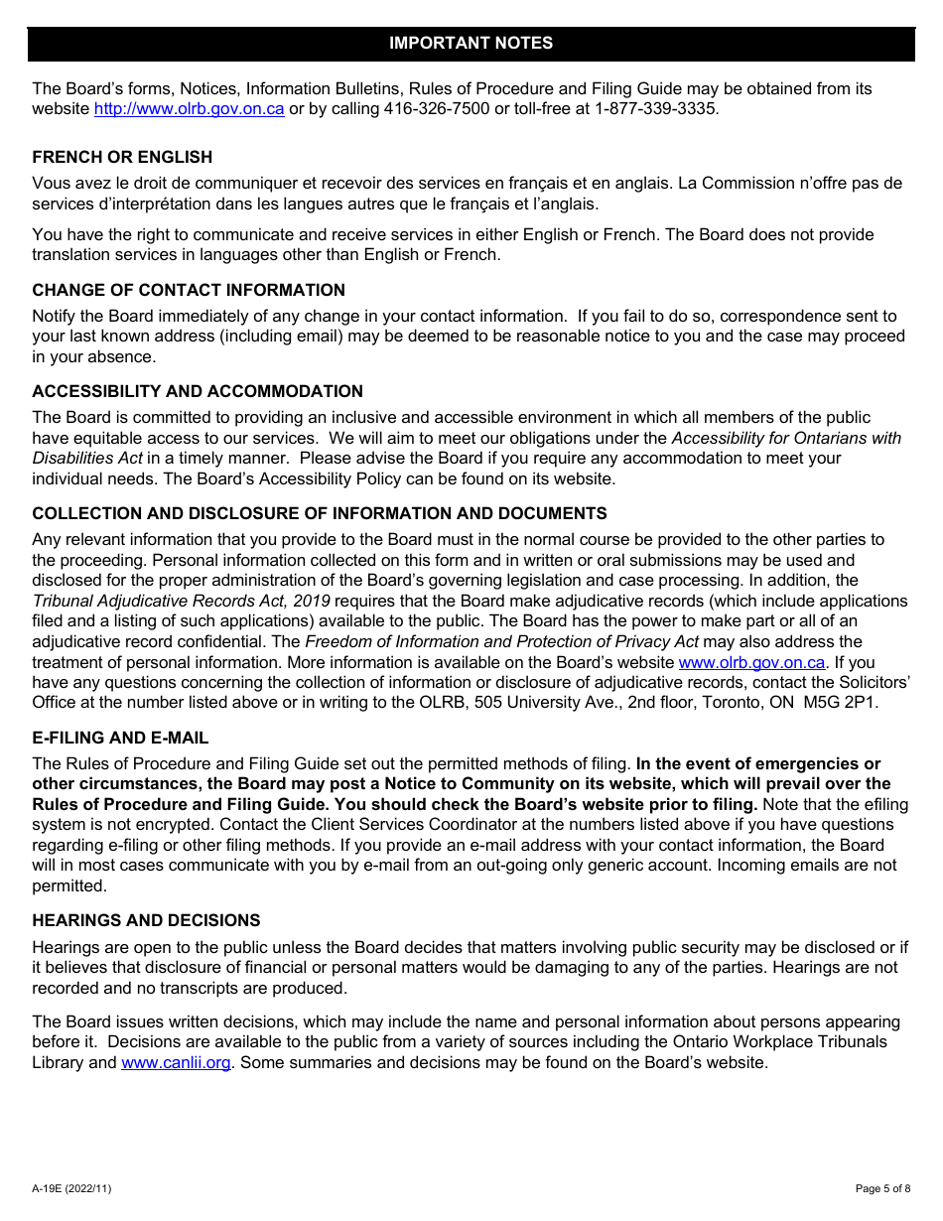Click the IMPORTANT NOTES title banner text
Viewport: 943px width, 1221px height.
click(x=471, y=44)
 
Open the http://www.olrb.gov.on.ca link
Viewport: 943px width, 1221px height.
click(x=189, y=109)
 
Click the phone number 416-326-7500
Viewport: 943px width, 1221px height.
click(x=437, y=109)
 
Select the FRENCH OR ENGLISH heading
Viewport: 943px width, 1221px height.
click(x=122, y=157)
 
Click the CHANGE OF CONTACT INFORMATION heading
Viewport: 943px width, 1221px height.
click(x=189, y=290)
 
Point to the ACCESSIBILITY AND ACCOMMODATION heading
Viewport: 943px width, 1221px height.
click(x=198, y=391)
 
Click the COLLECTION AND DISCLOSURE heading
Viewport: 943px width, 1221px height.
click(x=319, y=513)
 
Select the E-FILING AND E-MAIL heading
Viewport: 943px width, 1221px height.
click(x=120, y=738)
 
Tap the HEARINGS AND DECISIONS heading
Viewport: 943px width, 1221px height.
click(x=146, y=920)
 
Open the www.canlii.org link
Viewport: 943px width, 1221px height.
click(x=176, y=1063)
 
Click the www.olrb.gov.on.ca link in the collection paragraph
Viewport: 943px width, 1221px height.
click(x=751, y=662)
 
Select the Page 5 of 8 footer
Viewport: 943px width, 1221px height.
click(x=882, y=1188)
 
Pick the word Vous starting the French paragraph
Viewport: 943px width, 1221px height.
click(x=52, y=184)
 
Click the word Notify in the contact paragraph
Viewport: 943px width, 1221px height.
click(x=55, y=317)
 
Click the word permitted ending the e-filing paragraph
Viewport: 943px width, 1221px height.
click(x=68, y=885)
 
